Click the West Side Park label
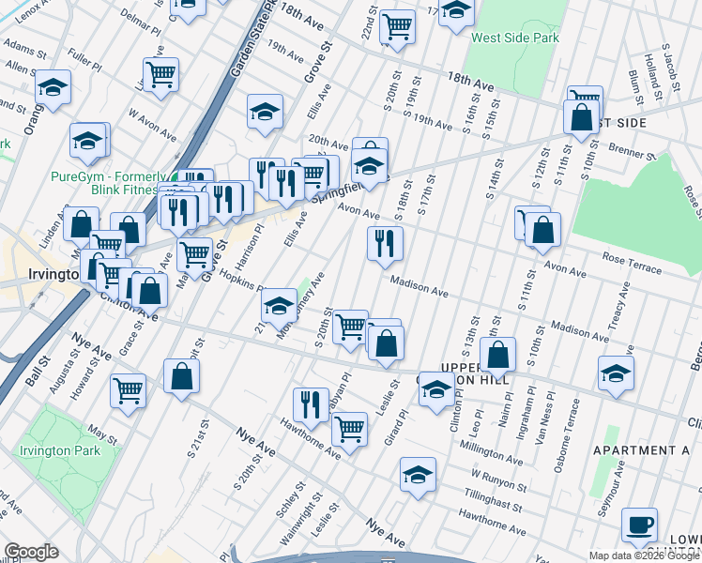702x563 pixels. (x=514, y=38)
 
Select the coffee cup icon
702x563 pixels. (x=640, y=525)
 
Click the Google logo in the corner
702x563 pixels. (x=31, y=552)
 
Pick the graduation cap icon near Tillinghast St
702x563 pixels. (x=418, y=475)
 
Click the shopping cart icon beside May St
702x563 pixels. (x=128, y=389)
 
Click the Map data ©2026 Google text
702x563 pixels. (x=644, y=555)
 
